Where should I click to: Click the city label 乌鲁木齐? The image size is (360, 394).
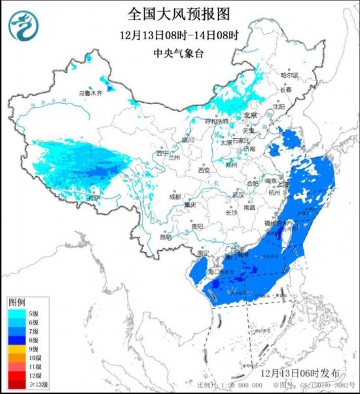click(91, 94)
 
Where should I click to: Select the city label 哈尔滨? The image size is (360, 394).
click(289, 76)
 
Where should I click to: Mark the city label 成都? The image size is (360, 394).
click(173, 196)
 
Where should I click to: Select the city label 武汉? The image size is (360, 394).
click(237, 195)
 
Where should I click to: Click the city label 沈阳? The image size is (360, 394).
click(279, 106)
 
